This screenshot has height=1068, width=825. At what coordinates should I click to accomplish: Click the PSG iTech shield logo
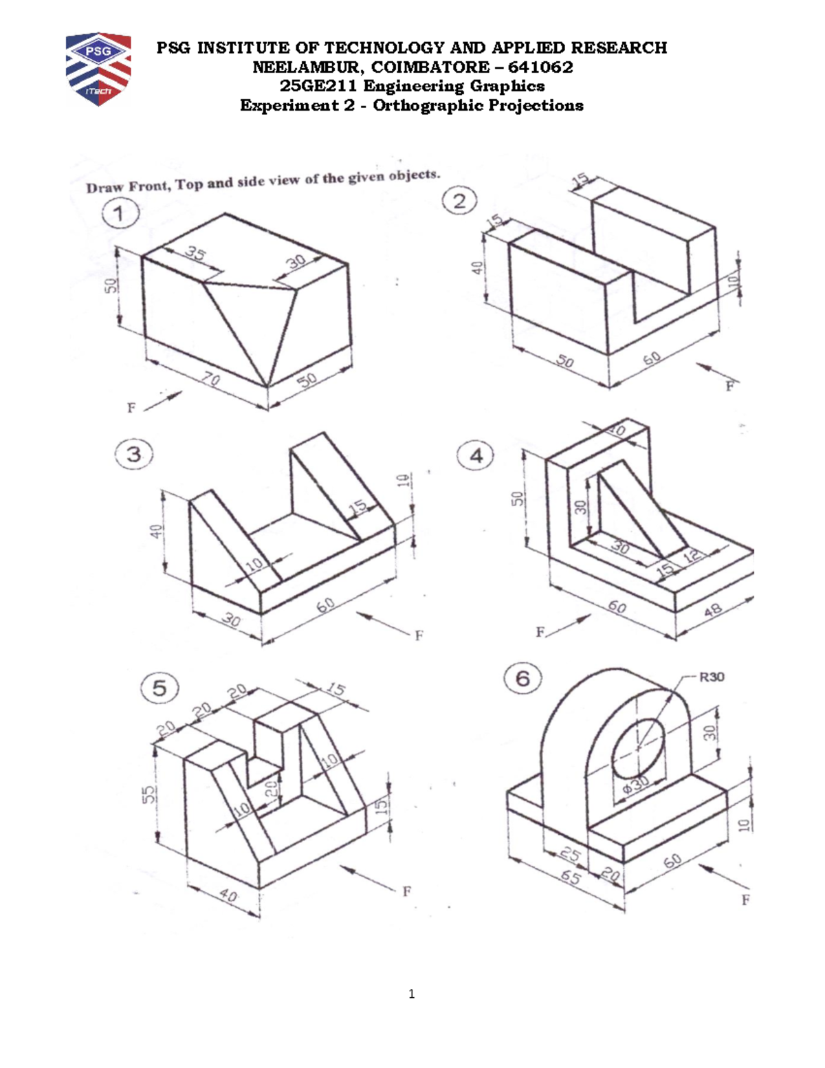pos(98,68)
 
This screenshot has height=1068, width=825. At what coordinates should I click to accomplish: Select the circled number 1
pos(120,213)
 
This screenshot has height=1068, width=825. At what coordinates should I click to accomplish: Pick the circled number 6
pos(522,679)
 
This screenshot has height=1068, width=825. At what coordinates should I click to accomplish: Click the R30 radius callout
pos(712,677)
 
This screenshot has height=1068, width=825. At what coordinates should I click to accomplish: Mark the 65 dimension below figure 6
pos(570,878)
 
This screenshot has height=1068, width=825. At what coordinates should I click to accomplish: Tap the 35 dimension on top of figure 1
pos(195,255)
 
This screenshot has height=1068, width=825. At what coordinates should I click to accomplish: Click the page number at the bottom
pos(411,994)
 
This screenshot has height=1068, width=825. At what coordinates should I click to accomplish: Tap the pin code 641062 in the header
pos(540,67)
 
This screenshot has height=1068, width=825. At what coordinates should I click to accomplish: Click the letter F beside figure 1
pos(131,408)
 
